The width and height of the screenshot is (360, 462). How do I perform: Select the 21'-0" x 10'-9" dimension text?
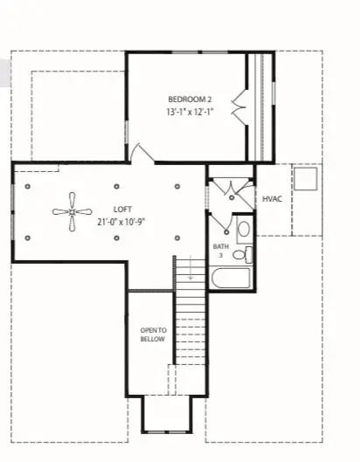121,222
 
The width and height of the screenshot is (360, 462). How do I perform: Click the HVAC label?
271,200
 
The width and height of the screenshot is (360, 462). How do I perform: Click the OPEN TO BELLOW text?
153,334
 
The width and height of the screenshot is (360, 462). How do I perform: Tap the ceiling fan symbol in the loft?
71,210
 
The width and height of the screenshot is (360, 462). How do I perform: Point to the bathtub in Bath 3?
232,279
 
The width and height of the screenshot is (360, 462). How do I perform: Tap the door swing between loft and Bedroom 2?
140,154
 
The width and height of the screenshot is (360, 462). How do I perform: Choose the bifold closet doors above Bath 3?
232,188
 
